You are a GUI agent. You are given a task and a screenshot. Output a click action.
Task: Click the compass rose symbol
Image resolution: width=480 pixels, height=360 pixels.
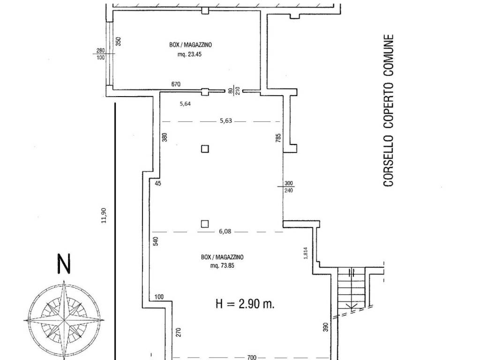[64, 320]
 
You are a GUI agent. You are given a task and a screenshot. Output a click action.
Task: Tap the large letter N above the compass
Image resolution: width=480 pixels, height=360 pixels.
[64, 263]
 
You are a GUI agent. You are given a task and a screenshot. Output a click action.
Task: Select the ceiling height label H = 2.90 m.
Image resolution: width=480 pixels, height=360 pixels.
[245, 304]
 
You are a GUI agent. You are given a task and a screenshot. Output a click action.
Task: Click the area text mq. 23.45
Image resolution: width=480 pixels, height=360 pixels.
[189, 54]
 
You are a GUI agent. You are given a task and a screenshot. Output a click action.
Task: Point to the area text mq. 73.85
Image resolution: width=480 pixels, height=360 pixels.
[222, 266]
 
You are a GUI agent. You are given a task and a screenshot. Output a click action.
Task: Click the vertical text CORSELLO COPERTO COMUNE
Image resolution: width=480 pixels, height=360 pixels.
[388, 110]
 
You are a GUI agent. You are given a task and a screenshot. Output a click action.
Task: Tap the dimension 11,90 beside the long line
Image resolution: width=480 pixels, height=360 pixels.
[104, 216]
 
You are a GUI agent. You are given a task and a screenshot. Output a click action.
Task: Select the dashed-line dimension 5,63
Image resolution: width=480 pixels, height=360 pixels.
[226, 120]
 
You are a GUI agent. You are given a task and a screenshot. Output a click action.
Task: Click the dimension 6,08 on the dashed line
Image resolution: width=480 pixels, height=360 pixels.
[225, 232]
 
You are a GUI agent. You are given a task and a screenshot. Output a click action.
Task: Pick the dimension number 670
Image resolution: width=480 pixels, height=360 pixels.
[176, 84]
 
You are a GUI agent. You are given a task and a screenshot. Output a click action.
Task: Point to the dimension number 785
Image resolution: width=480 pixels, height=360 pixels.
[278, 138]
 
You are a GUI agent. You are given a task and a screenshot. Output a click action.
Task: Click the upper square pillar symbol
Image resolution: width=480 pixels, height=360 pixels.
[205, 149]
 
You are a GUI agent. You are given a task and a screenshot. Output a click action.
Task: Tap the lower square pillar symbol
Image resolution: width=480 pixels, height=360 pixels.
[205, 224]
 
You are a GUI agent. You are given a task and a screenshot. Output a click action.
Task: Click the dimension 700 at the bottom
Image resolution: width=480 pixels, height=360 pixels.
[251, 357]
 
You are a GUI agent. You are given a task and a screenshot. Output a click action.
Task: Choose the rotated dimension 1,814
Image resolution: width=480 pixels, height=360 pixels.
[306, 253]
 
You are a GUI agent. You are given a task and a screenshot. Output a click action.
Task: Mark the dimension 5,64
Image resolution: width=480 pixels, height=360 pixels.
[185, 104]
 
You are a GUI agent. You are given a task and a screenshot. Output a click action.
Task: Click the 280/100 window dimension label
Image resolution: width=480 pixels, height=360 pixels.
[100, 54]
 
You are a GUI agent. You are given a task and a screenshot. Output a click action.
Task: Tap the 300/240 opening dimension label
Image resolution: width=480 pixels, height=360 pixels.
[289, 187]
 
